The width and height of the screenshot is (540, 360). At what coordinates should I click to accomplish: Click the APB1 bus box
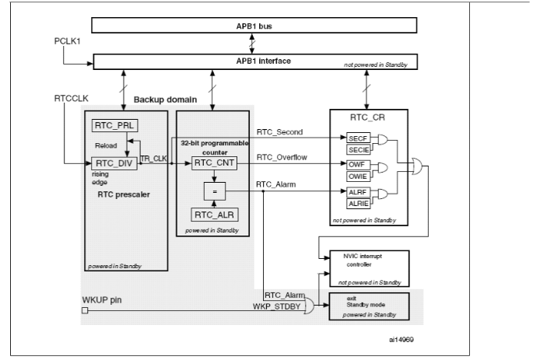tap(254, 26)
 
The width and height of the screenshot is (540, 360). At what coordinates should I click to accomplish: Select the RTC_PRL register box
tap(114, 125)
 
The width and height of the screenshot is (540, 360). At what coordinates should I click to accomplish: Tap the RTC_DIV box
tap(114, 163)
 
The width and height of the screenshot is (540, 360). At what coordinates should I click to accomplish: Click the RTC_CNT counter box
tap(214, 163)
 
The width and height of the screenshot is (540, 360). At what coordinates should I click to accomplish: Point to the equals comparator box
tap(215, 191)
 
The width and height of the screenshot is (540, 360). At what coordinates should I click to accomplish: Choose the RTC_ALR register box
tap(215, 215)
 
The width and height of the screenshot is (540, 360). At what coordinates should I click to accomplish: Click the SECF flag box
tap(358, 138)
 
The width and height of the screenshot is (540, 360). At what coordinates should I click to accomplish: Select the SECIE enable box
tap(358, 150)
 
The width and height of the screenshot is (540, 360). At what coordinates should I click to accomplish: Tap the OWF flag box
tap(358, 165)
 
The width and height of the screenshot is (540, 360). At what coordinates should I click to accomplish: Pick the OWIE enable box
tap(358, 177)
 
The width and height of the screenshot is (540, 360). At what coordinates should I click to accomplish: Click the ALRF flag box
tap(358, 192)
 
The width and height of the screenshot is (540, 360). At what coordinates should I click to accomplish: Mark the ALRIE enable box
tap(358, 204)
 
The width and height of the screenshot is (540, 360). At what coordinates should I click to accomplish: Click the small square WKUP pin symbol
tap(85, 310)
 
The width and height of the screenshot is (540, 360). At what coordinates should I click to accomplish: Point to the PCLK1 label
tap(67, 41)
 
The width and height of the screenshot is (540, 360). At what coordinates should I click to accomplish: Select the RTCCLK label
tap(72, 99)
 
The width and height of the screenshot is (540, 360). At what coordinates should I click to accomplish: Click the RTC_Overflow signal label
tap(282, 157)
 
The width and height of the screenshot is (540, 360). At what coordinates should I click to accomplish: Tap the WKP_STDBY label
tap(276, 306)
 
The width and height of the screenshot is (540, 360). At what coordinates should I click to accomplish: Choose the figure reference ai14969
tap(401, 340)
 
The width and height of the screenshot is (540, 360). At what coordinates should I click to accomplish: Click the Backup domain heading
tap(165, 100)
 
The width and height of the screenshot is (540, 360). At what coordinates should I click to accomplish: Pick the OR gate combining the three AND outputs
tap(417, 166)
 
